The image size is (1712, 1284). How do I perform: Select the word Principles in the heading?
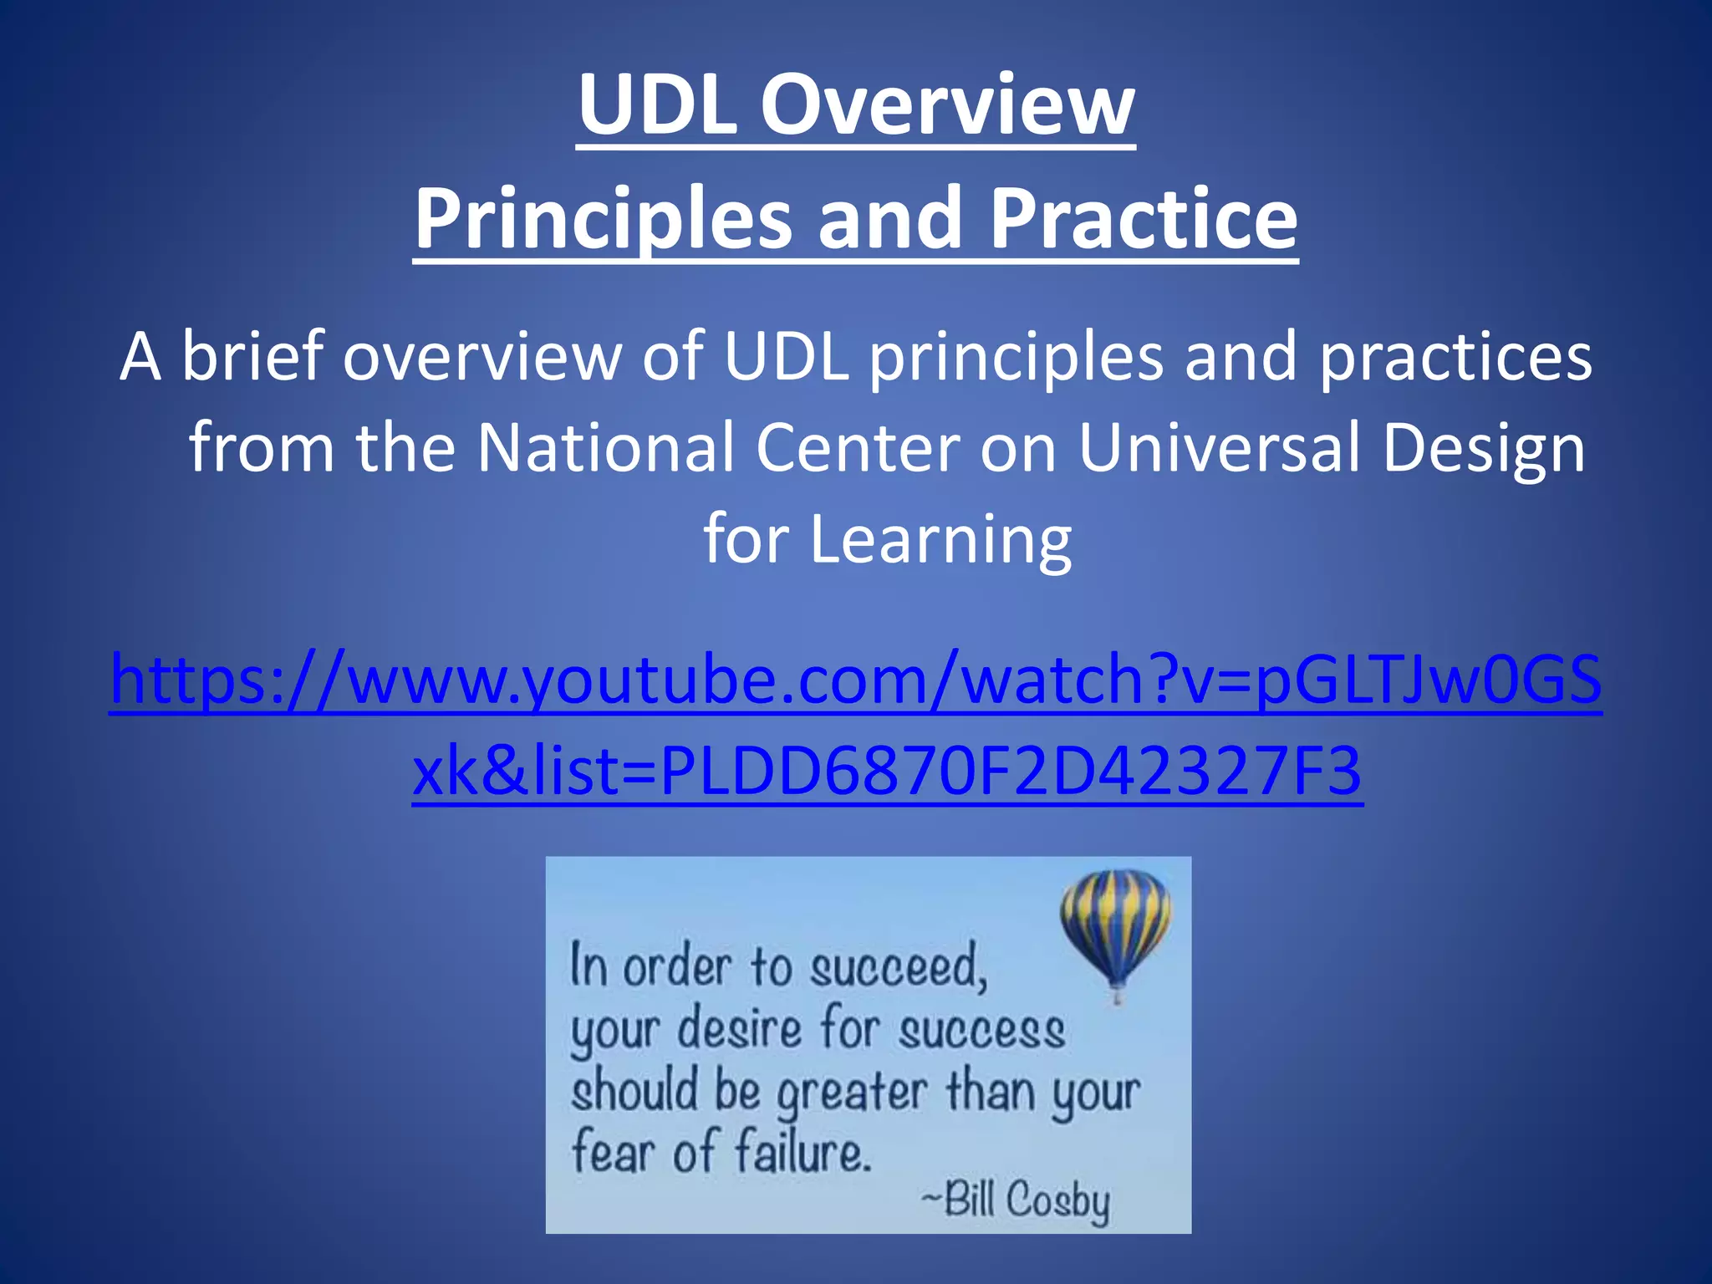(x=602, y=219)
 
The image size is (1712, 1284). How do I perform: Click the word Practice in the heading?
(x=1143, y=219)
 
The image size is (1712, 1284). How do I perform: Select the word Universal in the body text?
(x=1220, y=448)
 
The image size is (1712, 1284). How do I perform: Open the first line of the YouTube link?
(x=856, y=680)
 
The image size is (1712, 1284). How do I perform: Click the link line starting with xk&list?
(x=887, y=771)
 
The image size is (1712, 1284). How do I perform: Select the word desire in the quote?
(x=739, y=1030)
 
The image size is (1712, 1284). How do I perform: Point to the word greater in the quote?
(x=852, y=1094)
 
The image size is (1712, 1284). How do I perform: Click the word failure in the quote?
(x=802, y=1154)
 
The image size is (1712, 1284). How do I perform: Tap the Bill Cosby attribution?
(x=1016, y=1200)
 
